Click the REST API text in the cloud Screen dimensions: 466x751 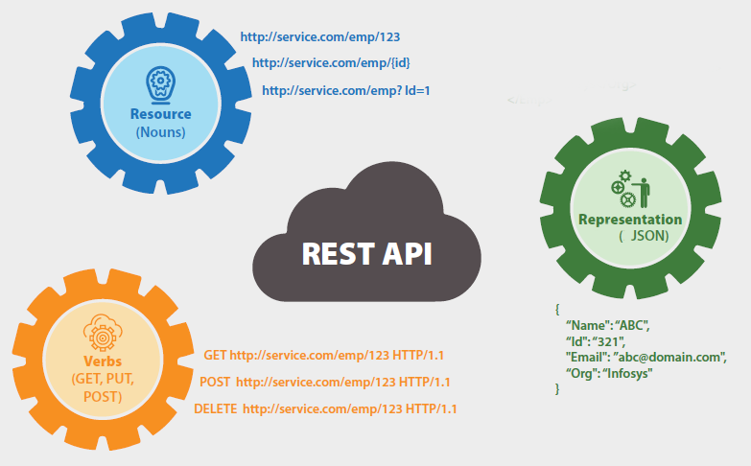[367, 254]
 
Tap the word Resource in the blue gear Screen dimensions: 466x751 [160, 114]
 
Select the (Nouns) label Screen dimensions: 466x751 [160, 131]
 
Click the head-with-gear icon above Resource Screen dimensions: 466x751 [160, 84]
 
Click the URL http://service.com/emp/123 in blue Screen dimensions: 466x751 [319, 37]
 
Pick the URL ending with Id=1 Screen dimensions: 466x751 [346, 91]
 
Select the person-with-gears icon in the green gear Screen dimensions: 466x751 [629, 188]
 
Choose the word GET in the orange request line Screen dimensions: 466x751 [215, 355]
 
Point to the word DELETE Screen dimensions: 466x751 [216, 408]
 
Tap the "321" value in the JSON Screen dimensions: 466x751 [609, 341]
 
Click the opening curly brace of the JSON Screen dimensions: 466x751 [556, 309]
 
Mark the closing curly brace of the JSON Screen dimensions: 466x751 [556, 388]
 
